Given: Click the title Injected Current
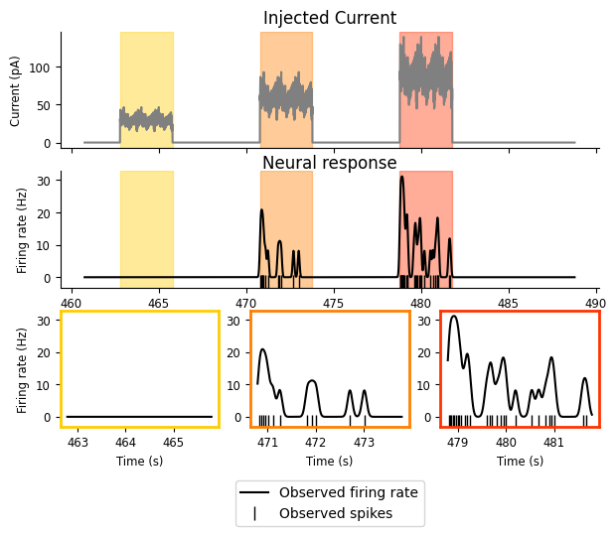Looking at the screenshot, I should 329,18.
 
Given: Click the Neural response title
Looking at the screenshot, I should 329,163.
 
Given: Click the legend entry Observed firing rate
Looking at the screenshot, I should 348,492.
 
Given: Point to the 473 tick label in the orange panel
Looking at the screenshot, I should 364,442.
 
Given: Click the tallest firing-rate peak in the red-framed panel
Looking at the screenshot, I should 454,317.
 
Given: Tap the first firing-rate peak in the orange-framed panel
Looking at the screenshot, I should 263,349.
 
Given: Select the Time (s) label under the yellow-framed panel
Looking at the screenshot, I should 139,462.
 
